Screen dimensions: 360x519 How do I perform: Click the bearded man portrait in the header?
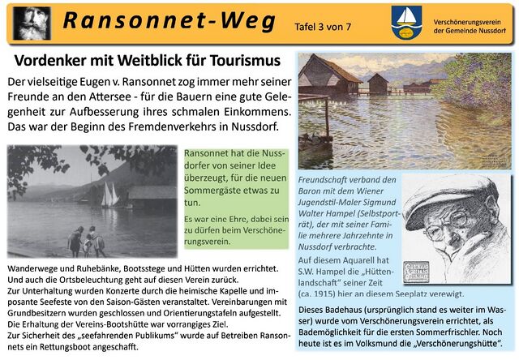coord(31,23)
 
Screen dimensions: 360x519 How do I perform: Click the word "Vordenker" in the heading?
coord(56,61)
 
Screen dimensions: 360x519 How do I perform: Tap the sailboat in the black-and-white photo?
coord(108,195)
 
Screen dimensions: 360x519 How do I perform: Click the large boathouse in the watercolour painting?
coord(328,77)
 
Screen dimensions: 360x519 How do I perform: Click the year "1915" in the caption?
coord(327,294)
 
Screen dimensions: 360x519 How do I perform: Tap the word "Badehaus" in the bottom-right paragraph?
coord(347,309)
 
